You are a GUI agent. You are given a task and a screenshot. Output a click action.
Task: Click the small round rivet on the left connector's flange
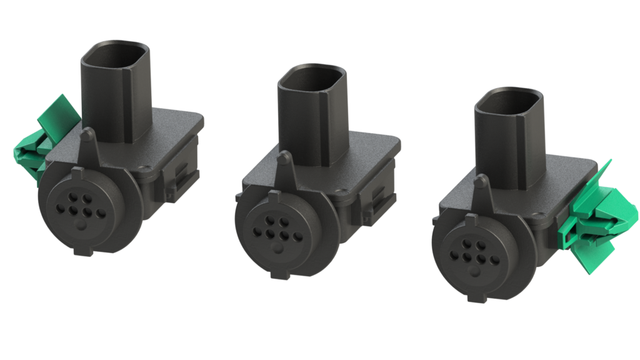click(x=146, y=167)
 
